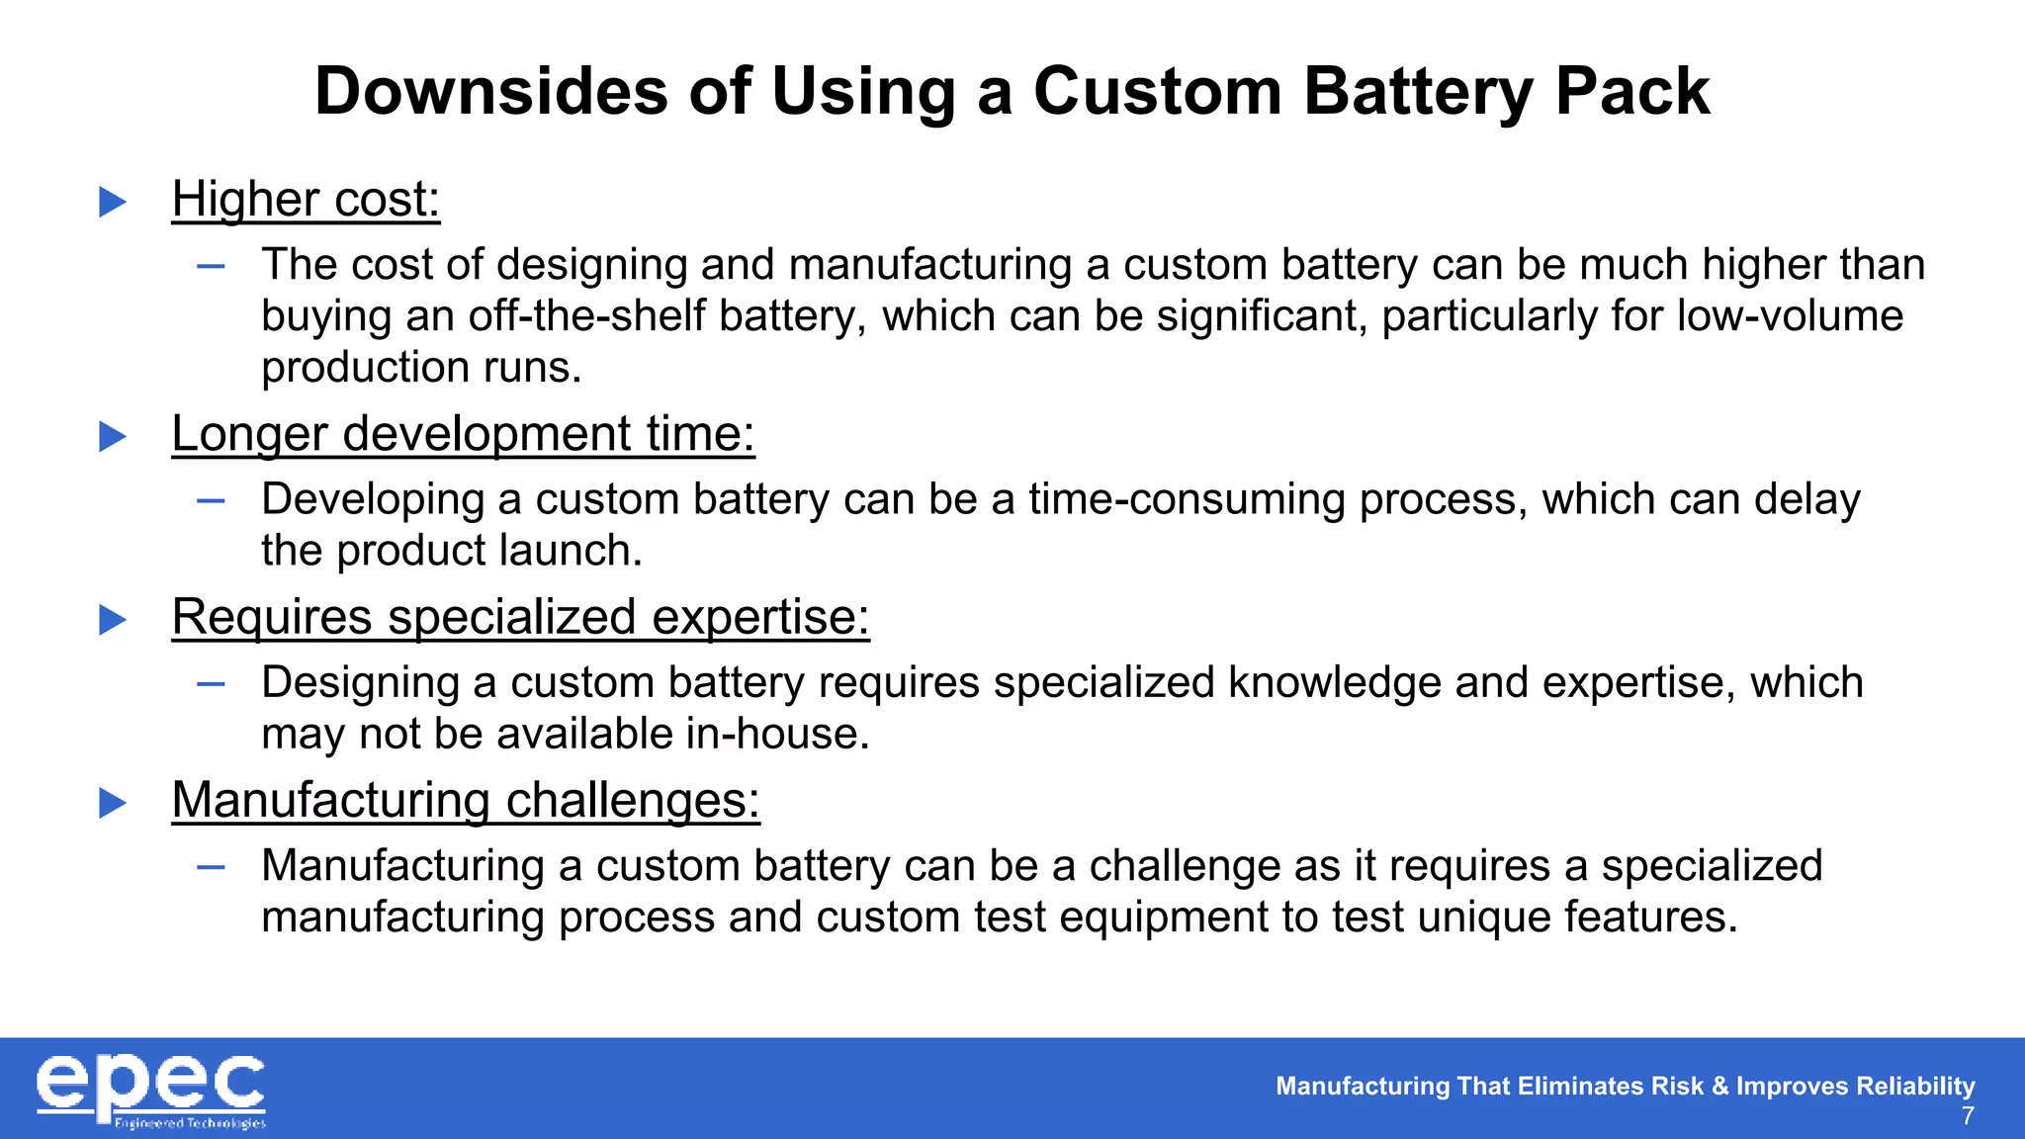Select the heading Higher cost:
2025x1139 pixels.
(306, 199)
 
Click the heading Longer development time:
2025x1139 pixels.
(463, 433)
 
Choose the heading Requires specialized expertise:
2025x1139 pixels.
(520, 617)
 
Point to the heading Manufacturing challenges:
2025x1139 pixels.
(466, 800)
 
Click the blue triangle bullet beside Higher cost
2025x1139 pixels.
(113, 202)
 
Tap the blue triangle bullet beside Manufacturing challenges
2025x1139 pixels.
(113, 803)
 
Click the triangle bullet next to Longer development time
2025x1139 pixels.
(113, 436)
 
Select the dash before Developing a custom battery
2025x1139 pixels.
(211, 500)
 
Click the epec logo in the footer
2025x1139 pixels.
(150, 1090)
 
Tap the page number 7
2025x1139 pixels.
(1968, 1116)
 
